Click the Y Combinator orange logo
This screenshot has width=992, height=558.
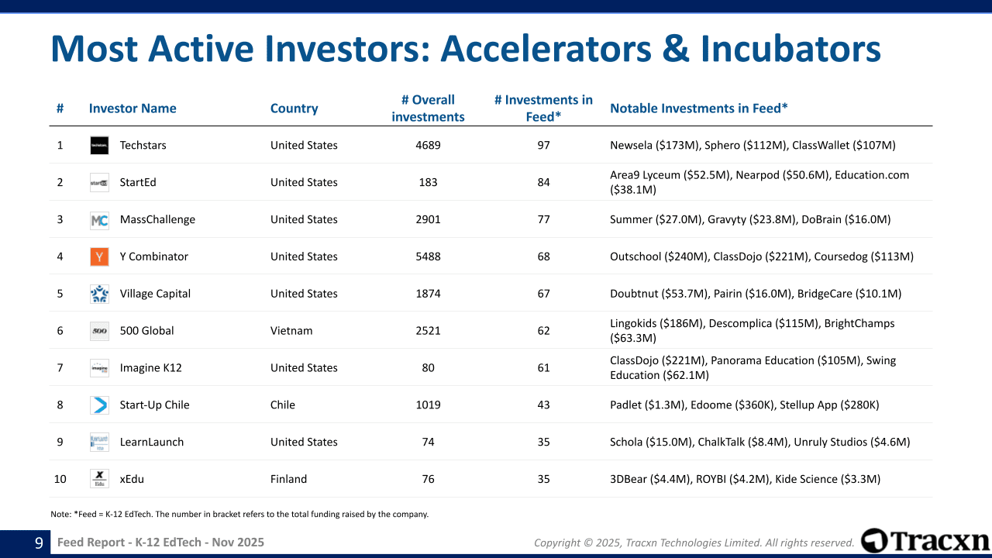[99, 257]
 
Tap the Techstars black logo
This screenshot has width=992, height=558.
[99, 145]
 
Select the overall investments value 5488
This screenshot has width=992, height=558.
[428, 257]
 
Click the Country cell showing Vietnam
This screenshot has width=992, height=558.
[291, 331]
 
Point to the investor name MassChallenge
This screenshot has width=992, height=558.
[157, 219]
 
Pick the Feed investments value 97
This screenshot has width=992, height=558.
[543, 145]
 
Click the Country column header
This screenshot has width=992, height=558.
[294, 108]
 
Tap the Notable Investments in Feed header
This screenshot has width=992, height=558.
[699, 108]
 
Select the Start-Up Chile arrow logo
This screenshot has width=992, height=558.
[99, 405]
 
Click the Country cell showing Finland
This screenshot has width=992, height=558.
[288, 479]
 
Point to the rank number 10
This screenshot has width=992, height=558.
[60, 479]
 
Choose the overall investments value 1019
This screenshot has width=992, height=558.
[428, 405]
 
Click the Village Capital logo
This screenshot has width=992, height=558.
[99, 294]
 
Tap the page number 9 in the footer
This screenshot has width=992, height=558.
[39, 542]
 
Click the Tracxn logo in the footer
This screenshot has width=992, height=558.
[925, 540]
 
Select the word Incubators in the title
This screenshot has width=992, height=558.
[790, 49]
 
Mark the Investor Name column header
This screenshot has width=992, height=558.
[133, 108]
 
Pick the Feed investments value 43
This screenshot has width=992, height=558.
[543, 405]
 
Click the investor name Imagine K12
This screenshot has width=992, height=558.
[150, 368]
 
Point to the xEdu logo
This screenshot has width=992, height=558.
[99, 479]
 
